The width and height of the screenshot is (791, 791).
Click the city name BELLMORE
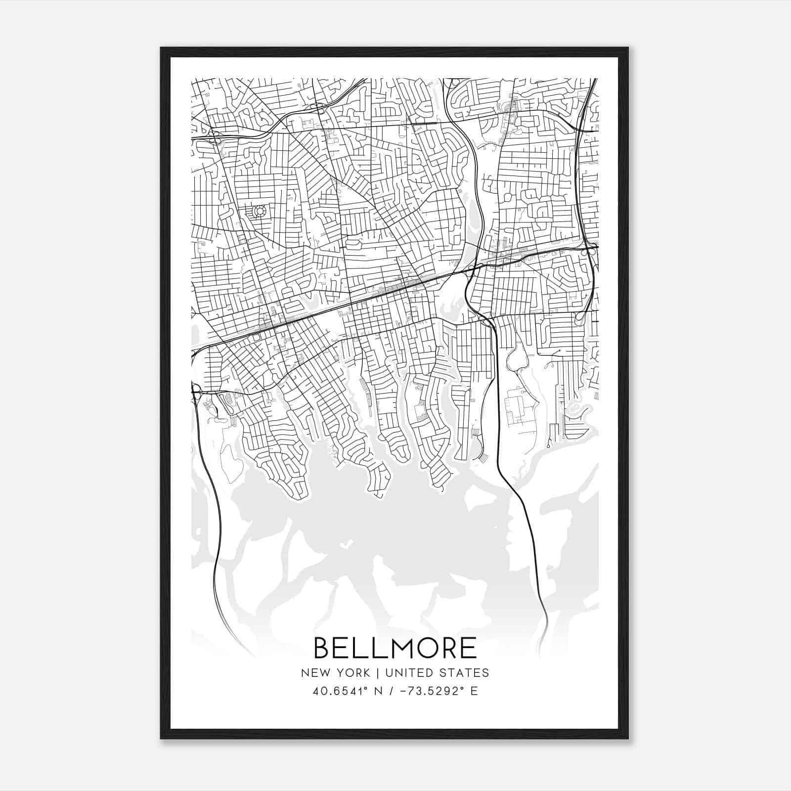395,648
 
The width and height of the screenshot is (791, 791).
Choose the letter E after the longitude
474,691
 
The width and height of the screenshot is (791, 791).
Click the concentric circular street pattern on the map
259,212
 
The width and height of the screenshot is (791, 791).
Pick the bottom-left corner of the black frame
161,739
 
